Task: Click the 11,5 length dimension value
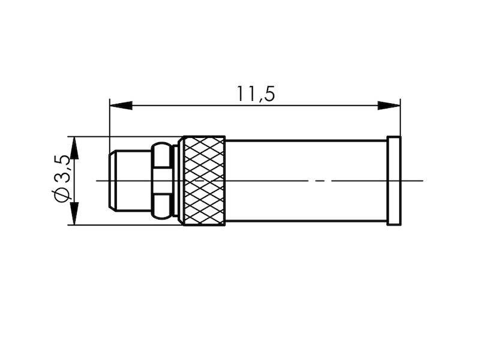(x=256, y=94)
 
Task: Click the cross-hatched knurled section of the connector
(x=204, y=181)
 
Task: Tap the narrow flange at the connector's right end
(x=394, y=181)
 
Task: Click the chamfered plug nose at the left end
(x=129, y=180)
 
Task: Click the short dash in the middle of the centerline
(x=321, y=180)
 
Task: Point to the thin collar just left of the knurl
(x=176, y=180)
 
